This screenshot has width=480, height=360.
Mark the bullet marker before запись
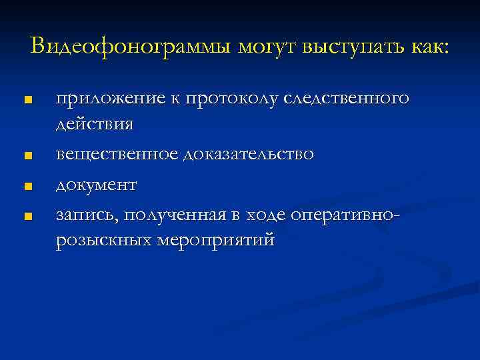coord(27,215)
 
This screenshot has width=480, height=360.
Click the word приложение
coord(106,98)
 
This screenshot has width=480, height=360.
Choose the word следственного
coord(346,98)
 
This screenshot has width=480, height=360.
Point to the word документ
coord(96,183)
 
